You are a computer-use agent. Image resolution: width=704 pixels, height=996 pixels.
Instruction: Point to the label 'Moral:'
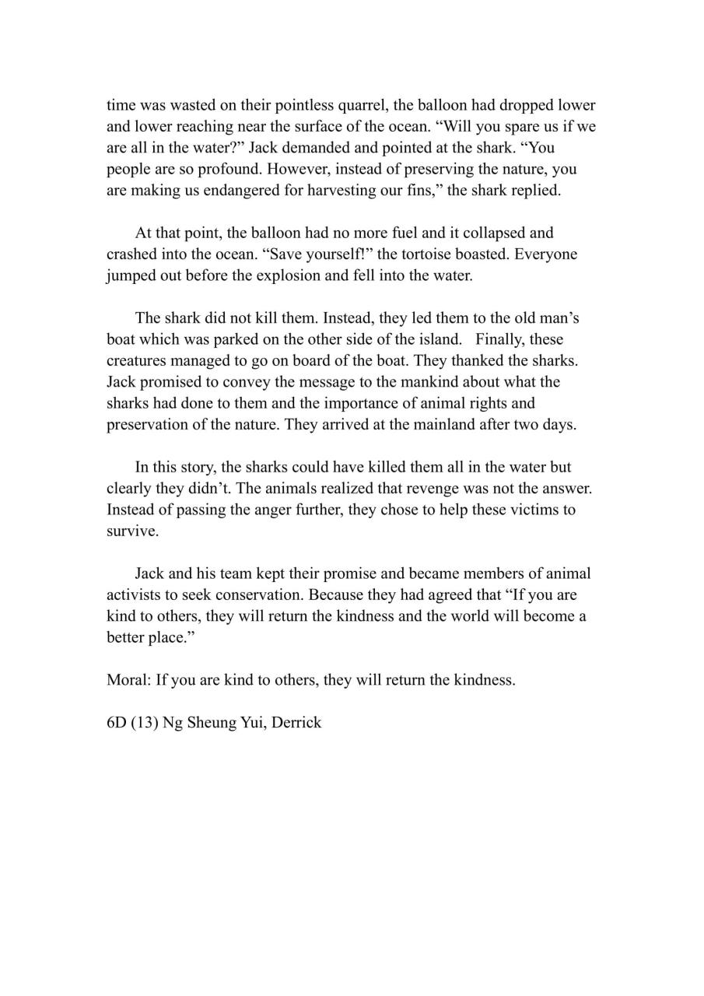pyautogui.click(x=129, y=680)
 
